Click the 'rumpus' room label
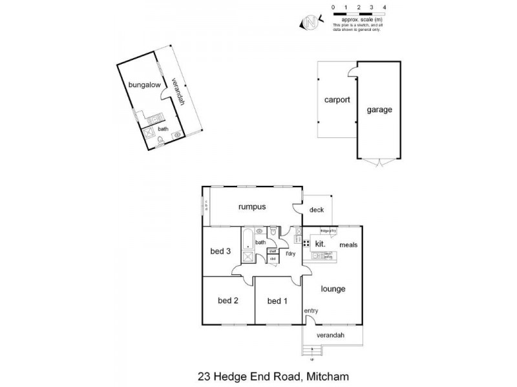(x=252, y=206)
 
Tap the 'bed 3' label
(x=220, y=252)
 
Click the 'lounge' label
(x=332, y=289)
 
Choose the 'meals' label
(x=348, y=245)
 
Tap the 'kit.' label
(x=319, y=244)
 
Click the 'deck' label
(x=316, y=210)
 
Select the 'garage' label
(x=379, y=110)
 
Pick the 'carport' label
(x=337, y=100)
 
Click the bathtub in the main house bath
(x=247, y=244)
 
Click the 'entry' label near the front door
(x=311, y=311)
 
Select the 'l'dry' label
(x=291, y=253)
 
